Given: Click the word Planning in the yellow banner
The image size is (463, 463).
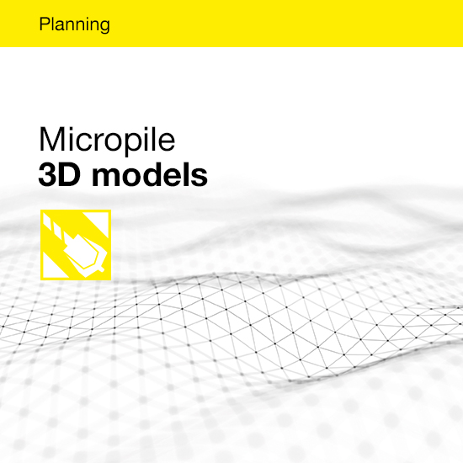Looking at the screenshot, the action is click(74, 24).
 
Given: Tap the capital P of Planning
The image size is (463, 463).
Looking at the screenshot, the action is click(43, 24).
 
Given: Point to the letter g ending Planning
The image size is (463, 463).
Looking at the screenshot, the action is click(105, 27).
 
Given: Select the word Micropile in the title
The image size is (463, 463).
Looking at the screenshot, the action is click(107, 140).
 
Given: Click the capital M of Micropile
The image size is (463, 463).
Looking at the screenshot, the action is click(50, 139).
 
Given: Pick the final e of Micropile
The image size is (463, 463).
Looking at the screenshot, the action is click(167, 142).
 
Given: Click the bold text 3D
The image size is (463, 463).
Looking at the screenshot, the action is click(60, 174).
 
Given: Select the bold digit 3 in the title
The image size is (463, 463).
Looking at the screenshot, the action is click(47, 174).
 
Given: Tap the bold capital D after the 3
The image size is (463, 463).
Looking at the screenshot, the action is click(70, 174).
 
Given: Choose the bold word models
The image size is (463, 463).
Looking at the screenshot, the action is click(150, 174).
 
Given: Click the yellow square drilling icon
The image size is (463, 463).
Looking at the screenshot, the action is click(76, 245).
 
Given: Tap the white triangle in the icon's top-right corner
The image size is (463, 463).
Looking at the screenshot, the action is click(100, 221).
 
